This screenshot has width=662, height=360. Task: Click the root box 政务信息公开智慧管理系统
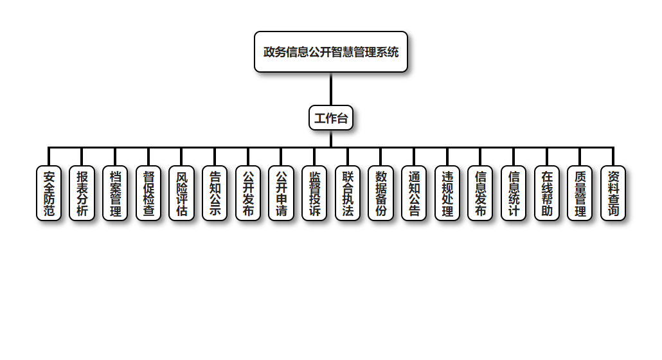[331, 52]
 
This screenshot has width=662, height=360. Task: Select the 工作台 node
[331, 118]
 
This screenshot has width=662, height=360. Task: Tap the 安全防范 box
[49, 194]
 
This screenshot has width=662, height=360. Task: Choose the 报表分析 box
[82, 194]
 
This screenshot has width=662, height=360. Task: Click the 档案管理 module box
[116, 194]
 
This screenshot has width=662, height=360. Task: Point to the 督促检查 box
[148, 194]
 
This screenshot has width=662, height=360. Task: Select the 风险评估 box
[182, 194]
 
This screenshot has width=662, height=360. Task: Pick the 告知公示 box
[215, 194]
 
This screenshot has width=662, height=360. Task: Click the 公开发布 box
[248, 194]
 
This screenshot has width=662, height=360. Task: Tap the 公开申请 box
[282, 194]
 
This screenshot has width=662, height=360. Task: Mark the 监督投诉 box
[314, 194]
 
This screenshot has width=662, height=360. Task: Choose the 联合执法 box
[348, 194]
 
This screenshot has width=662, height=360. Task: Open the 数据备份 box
[381, 194]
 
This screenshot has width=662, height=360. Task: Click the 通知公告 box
[414, 194]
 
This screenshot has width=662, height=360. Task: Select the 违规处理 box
[447, 194]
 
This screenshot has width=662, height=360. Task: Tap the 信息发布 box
[480, 194]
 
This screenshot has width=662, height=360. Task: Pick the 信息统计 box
[514, 194]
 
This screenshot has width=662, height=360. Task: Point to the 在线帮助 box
[547, 194]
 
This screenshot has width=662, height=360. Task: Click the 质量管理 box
[580, 194]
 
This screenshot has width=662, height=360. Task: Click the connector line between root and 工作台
[331, 89]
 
